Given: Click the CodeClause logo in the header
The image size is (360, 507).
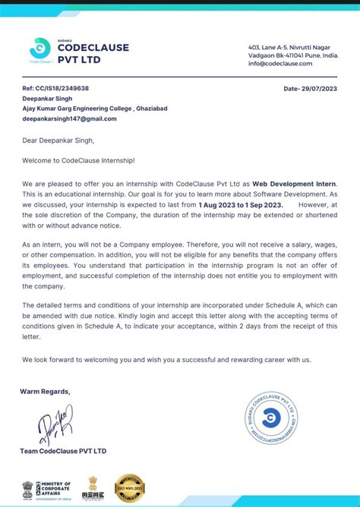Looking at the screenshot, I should pos(39,49).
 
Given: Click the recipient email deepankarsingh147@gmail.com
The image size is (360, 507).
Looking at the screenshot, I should pos(69,119).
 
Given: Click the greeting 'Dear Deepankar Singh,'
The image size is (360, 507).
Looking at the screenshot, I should pos(58,140).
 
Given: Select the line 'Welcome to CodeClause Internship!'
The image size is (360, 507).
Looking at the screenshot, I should pos(77,160).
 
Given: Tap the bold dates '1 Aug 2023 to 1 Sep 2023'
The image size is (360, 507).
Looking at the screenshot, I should pos(240,205).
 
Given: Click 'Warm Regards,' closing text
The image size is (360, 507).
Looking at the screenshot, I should pos(45,392).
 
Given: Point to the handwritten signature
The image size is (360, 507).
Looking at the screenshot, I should pos(52,425).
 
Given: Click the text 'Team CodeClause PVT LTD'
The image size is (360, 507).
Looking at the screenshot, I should pos(63,451).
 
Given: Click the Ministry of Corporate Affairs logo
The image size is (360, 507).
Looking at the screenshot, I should pos(47,488).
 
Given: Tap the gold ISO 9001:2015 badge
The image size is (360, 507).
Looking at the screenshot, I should pos(129,488).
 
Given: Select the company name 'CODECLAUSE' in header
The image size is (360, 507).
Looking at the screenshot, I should pos(93,47).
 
